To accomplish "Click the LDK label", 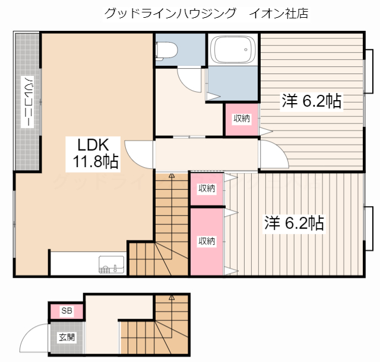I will pos(91,144).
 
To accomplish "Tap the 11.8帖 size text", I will pos(95,161).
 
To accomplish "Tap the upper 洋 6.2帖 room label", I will pos(311,101).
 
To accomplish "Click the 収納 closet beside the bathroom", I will pos(241,119).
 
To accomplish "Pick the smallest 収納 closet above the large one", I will pos(207,189).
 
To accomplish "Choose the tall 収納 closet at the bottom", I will pos(207,241).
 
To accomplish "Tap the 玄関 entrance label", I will pos(66,338).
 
